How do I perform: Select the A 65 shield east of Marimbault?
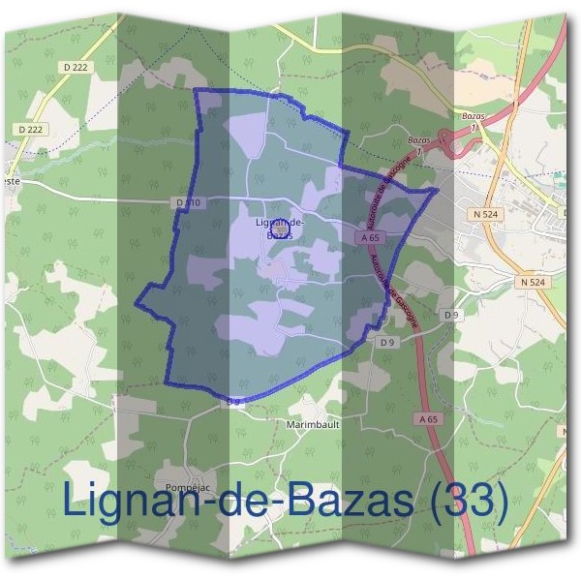pyautogui.click(x=431, y=418)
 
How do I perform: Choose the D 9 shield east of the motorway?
pyautogui.click(x=451, y=315)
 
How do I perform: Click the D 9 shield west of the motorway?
pyautogui.click(x=387, y=342)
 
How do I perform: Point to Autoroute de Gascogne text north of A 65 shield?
pyautogui.click(x=383, y=185)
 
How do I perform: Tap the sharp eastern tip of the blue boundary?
pyautogui.click(x=438, y=191)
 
